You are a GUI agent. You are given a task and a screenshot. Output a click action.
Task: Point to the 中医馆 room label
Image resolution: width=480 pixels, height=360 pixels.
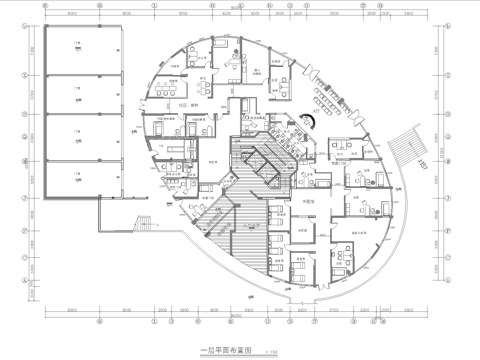click(308, 201)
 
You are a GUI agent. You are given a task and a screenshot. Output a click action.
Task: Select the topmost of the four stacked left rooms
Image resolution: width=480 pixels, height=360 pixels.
click(77, 50)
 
